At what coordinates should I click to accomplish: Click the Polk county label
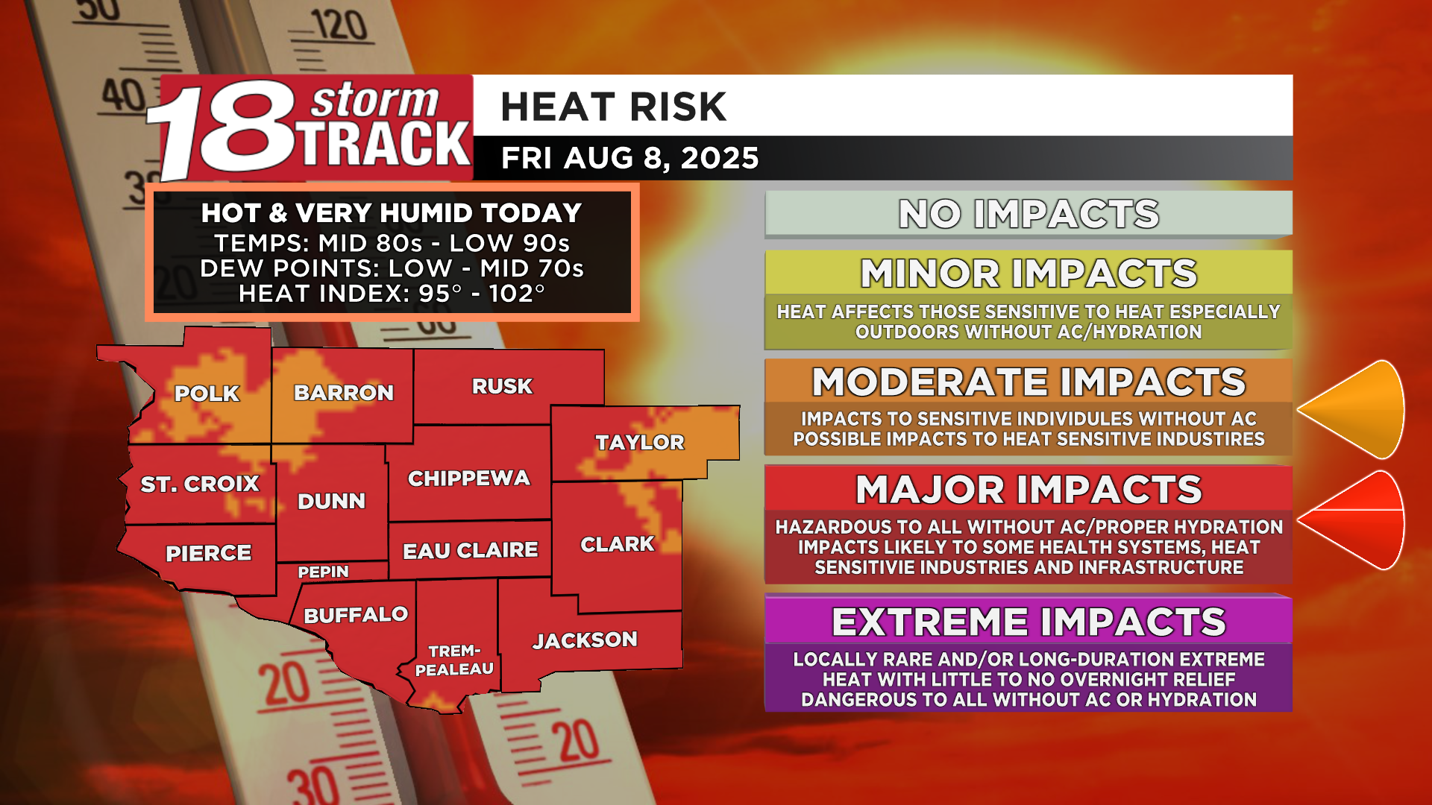[x=207, y=394]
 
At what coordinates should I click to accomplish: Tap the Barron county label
[x=343, y=393]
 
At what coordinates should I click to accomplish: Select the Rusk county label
[x=502, y=386]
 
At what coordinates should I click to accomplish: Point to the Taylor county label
[x=639, y=443]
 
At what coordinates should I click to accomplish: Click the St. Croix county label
[x=199, y=484]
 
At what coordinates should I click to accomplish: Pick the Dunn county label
[x=331, y=501]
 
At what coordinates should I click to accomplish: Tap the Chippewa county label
[x=468, y=479]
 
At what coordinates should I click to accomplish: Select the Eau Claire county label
[x=470, y=551]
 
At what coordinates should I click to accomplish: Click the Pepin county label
[x=323, y=572]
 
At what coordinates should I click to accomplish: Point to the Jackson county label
[x=585, y=640]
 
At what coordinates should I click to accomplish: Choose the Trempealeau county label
[x=454, y=660]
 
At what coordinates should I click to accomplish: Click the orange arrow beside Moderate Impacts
[x=1351, y=409]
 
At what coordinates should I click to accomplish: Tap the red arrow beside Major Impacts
[x=1351, y=520]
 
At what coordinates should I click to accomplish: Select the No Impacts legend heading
[x=1029, y=215]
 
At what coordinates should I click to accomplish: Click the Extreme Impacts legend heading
[x=1029, y=622]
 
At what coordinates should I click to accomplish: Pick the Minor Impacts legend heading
[x=1029, y=274]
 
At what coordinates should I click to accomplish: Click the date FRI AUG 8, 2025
[x=629, y=158]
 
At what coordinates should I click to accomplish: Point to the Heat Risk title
[x=613, y=107]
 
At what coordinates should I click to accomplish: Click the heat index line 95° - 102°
[x=392, y=294]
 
